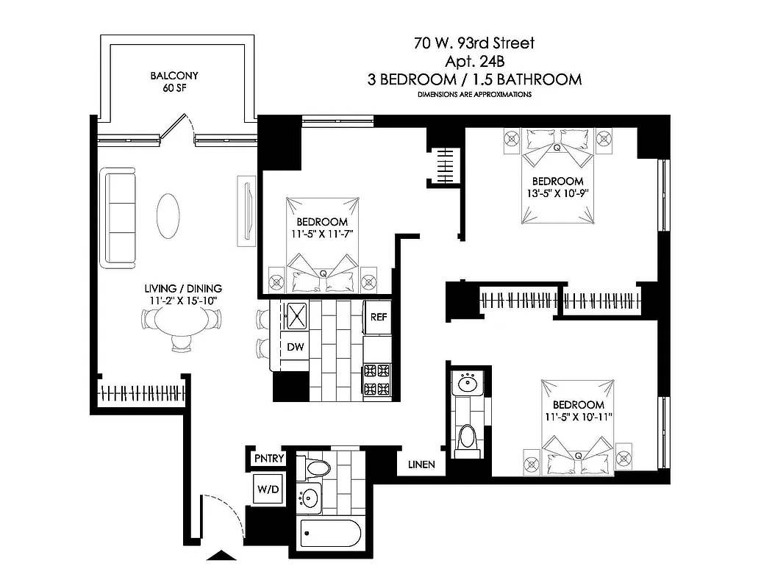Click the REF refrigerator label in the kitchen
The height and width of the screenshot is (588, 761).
tap(379, 318)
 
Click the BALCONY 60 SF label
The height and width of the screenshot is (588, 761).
tap(174, 82)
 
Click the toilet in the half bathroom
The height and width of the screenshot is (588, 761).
tap(466, 438)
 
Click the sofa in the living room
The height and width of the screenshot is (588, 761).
tap(120, 217)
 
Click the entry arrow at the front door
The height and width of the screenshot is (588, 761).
tap(220, 556)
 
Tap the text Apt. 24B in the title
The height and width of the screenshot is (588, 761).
tap(474, 62)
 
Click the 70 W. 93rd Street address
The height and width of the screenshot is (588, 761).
tap(474, 43)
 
